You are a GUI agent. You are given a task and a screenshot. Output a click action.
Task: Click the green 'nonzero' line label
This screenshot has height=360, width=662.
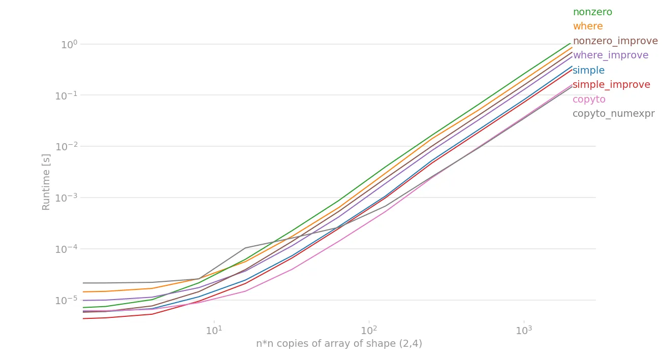pyautogui.click(x=592, y=12)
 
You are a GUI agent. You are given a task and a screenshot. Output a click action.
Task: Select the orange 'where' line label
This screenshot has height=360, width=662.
pyautogui.click(x=588, y=26)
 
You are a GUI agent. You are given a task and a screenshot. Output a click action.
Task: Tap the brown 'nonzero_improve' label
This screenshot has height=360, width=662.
pyautogui.click(x=615, y=41)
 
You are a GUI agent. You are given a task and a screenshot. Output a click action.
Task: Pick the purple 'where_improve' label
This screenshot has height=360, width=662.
pyautogui.click(x=611, y=55)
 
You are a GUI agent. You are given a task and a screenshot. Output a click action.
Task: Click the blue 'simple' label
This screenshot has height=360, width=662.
pyautogui.click(x=588, y=71)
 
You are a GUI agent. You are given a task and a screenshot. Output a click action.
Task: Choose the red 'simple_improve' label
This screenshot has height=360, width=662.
pyautogui.click(x=611, y=85)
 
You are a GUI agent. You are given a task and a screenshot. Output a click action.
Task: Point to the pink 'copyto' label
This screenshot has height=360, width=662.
pyautogui.click(x=589, y=100)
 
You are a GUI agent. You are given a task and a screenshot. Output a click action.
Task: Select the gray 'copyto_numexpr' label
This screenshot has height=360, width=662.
pyautogui.click(x=613, y=114)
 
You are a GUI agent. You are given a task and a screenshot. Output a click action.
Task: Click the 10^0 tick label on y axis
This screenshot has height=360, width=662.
pyautogui.click(x=69, y=45)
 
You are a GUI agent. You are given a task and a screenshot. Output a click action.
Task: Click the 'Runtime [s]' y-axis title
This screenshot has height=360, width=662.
pyautogui.click(x=46, y=182)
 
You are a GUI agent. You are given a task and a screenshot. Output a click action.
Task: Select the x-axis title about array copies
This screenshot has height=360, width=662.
pyautogui.click(x=339, y=344)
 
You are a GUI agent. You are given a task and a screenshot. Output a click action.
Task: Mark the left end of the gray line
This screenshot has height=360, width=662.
pyautogui.click(x=83, y=283)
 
